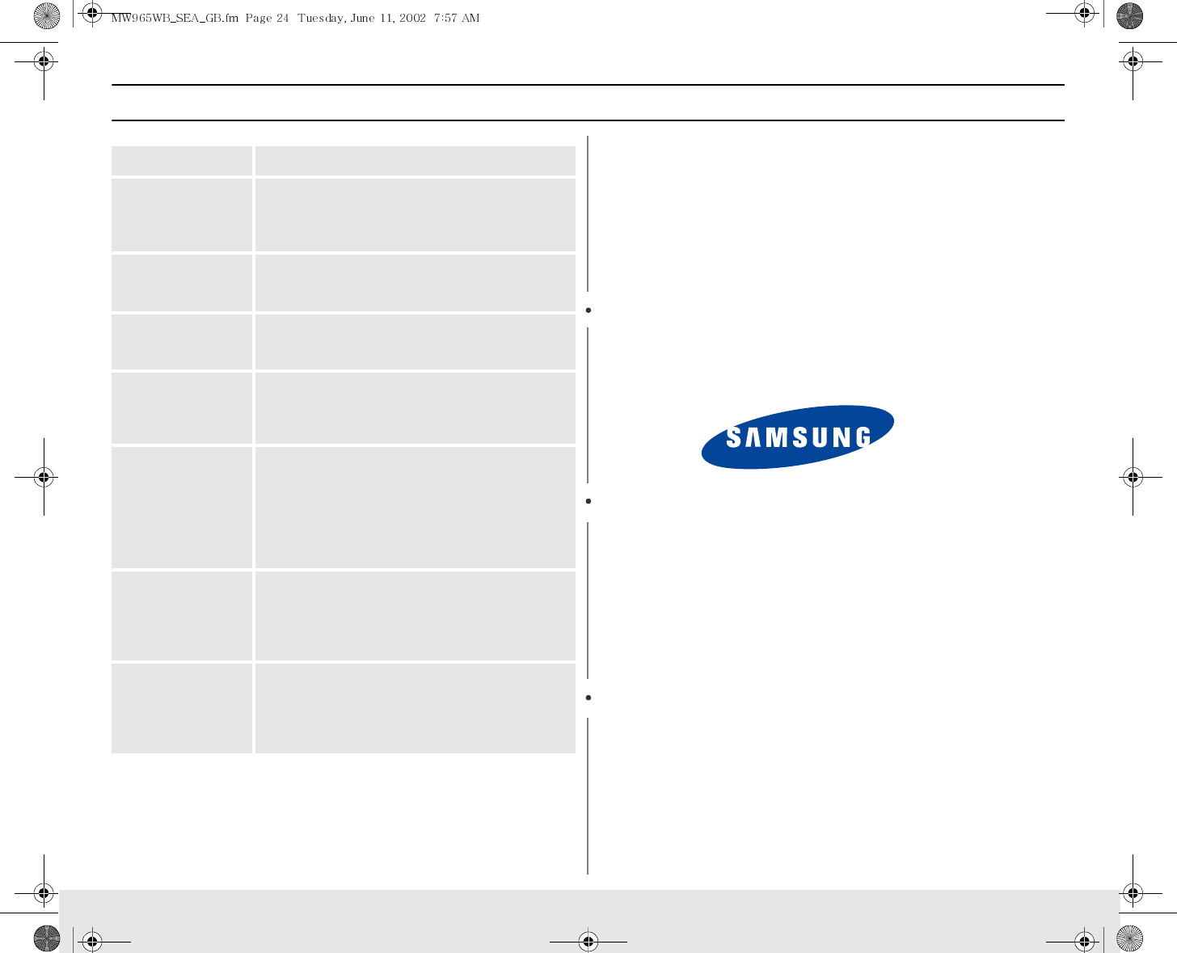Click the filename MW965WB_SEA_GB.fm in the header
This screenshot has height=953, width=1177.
click(x=175, y=19)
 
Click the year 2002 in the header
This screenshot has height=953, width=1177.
click(x=411, y=19)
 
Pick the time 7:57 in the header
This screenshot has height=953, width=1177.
click(x=445, y=19)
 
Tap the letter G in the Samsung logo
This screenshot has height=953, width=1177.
click(x=862, y=437)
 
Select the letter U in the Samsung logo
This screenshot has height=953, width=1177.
click(x=820, y=437)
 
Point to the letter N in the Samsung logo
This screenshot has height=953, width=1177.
click(x=841, y=437)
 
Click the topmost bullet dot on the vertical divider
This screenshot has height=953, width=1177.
click(x=589, y=310)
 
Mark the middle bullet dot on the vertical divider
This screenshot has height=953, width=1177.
click(x=589, y=501)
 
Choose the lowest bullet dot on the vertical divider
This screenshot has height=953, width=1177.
click(x=589, y=697)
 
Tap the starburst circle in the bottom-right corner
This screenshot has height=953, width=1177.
click(x=1130, y=938)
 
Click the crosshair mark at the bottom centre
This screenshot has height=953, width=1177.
click(x=588, y=941)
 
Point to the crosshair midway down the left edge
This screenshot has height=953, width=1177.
click(x=44, y=478)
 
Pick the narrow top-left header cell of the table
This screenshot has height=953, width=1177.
click(x=182, y=161)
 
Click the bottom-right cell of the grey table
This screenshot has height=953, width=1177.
click(x=415, y=708)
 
